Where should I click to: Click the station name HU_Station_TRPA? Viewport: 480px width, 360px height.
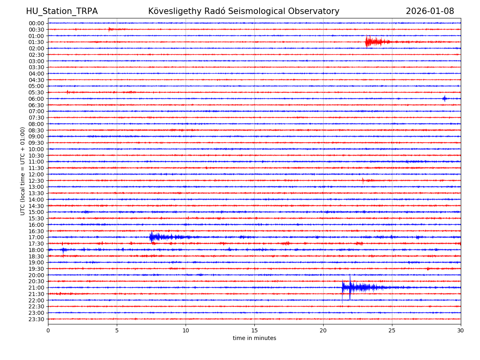tap(62, 11)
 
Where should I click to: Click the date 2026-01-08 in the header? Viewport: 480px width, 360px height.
tap(430, 11)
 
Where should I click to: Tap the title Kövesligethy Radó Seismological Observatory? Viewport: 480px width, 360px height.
tap(244, 11)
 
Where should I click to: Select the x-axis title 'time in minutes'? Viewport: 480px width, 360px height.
tap(254, 338)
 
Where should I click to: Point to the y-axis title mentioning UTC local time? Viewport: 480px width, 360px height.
tap(23, 171)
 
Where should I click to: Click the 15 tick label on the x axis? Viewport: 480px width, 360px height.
tap(254, 331)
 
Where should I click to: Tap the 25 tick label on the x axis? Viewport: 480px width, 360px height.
tap(392, 331)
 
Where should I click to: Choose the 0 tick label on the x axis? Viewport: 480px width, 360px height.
tap(48, 331)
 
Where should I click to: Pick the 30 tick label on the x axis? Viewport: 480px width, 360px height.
tap(460, 331)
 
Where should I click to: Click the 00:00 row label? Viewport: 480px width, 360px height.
tap(36, 23)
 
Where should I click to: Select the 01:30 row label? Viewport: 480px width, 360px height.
tap(36, 42)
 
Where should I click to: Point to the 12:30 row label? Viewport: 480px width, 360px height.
tap(36, 181)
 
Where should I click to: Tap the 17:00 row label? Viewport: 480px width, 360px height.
tap(36, 237)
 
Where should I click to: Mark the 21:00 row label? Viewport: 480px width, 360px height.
tap(36, 288)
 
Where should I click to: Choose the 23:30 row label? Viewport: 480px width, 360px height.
tap(36, 319)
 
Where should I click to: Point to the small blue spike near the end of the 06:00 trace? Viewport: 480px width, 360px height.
tap(444, 98)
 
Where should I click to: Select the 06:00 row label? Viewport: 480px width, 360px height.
tap(36, 99)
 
